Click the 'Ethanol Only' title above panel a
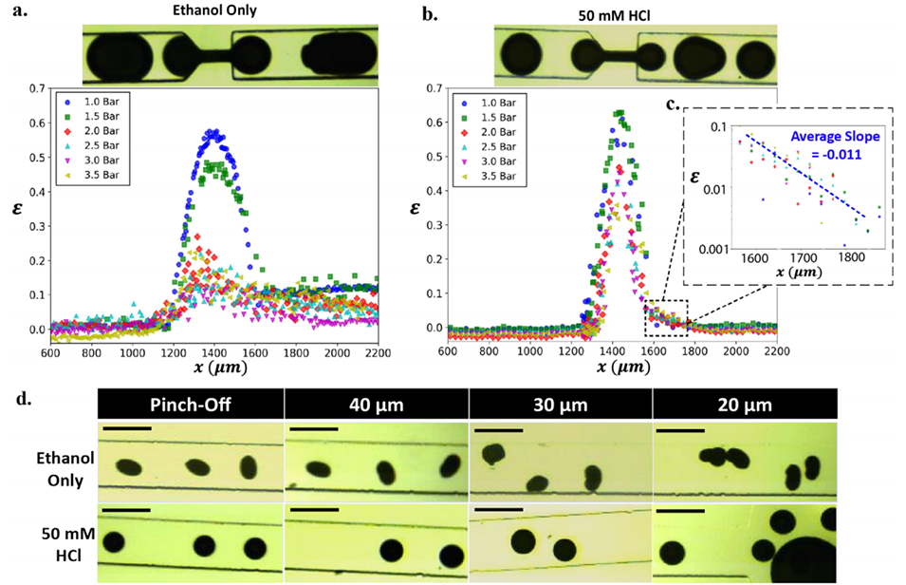point(231,11)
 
